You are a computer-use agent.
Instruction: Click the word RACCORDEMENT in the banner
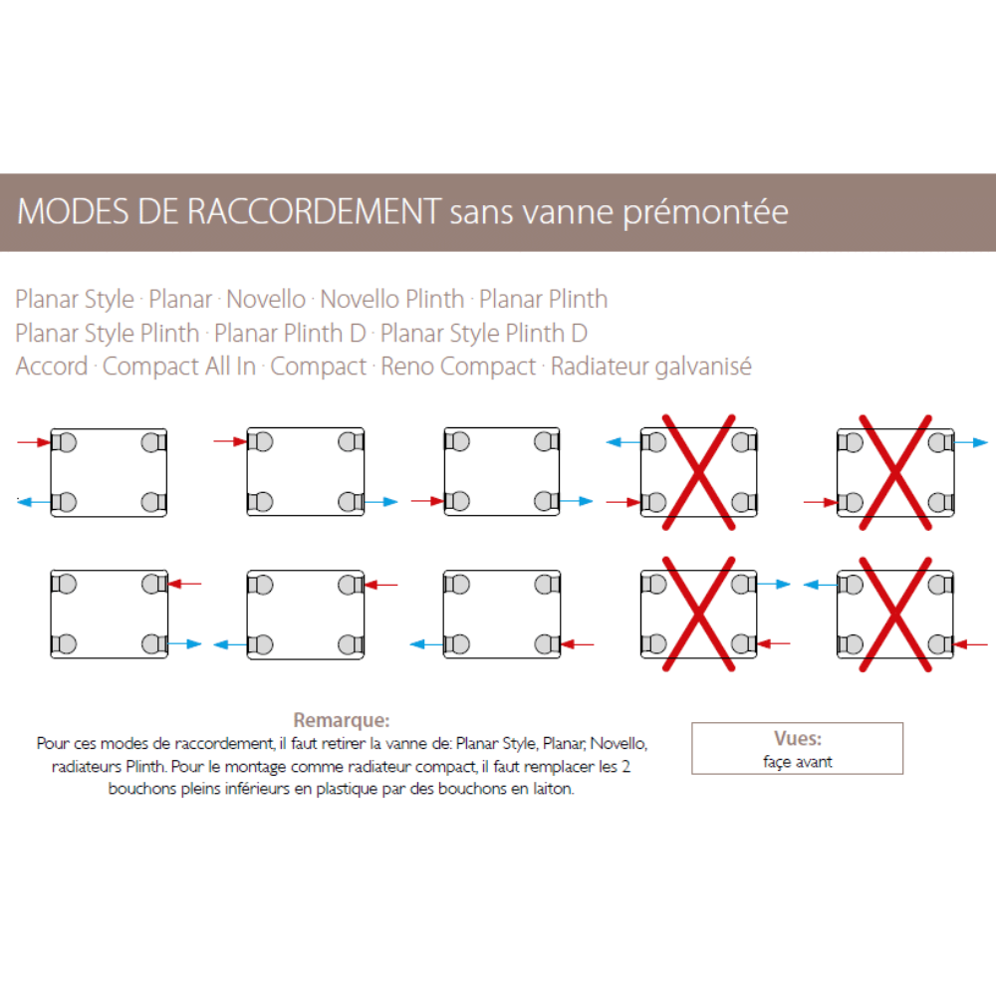pos(315,211)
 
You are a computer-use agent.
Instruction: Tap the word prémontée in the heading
pos(705,213)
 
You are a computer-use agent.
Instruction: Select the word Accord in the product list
pos(52,366)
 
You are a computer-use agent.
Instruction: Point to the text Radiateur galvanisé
pos(651,367)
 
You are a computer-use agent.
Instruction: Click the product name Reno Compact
pos(458,367)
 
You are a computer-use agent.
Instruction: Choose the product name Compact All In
pos(179,367)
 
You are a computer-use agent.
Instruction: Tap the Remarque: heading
pos(341,720)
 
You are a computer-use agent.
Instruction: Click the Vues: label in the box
pos(797,738)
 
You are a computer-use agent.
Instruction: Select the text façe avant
pos(797,762)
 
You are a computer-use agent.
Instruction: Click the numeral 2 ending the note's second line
pos(625,766)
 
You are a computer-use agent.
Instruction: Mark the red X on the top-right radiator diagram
pos(895,472)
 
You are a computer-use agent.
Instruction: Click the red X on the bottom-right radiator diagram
pos(895,615)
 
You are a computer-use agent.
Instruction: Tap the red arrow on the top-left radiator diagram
pos(34,442)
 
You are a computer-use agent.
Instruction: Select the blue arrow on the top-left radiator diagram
pos(34,502)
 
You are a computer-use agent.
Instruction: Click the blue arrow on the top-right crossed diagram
pos(971,442)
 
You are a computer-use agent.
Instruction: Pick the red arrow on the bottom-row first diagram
pos(185,584)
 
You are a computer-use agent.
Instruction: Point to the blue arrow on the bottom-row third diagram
pos(427,644)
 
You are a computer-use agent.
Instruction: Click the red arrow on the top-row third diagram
pos(427,502)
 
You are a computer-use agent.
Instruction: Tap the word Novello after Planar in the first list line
pos(266,299)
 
